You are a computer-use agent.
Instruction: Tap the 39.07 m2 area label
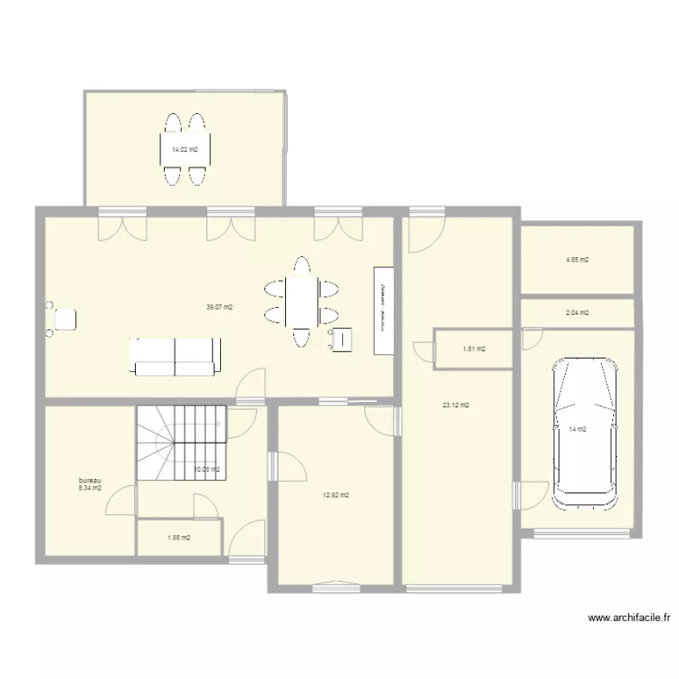pyautogui.click(x=219, y=307)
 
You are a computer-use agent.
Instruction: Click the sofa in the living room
pyautogui.click(x=176, y=356)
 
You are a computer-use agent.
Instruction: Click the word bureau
pyautogui.click(x=90, y=480)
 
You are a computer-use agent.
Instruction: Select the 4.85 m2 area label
pyautogui.click(x=577, y=260)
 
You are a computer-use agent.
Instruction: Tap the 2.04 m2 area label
pyautogui.click(x=577, y=312)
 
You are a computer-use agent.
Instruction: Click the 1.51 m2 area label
pyautogui.click(x=473, y=349)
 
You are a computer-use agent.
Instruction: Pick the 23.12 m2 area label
pyautogui.click(x=455, y=405)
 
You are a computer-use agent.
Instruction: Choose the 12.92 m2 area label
pyautogui.click(x=336, y=495)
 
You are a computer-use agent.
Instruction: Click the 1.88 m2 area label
pyautogui.click(x=179, y=538)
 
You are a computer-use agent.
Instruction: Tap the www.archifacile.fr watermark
pyautogui.click(x=629, y=618)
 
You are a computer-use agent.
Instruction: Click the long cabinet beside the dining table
pyautogui.click(x=384, y=311)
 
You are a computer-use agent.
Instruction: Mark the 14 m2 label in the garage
pyautogui.click(x=577, y=429)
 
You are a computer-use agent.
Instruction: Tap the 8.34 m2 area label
pyautogui.click(x=90, y=488)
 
